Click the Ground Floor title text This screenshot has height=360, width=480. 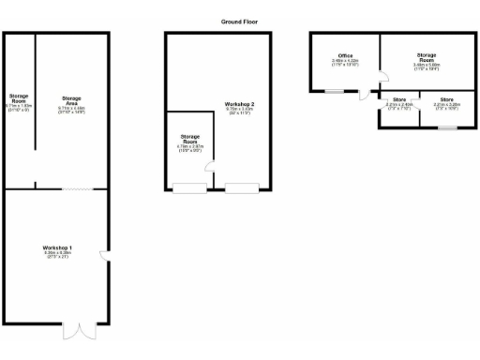[239, 21]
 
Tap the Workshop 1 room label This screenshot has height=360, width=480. [58, 250]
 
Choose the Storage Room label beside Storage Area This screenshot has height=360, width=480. [19, 101]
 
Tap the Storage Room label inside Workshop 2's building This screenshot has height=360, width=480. [190, 142]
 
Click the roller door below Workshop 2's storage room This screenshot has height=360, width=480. [189, 188]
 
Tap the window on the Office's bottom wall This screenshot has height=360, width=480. [334, 91]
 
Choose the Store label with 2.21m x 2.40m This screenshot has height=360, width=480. [399, 102]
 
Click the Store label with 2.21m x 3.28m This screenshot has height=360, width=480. [447, 102]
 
